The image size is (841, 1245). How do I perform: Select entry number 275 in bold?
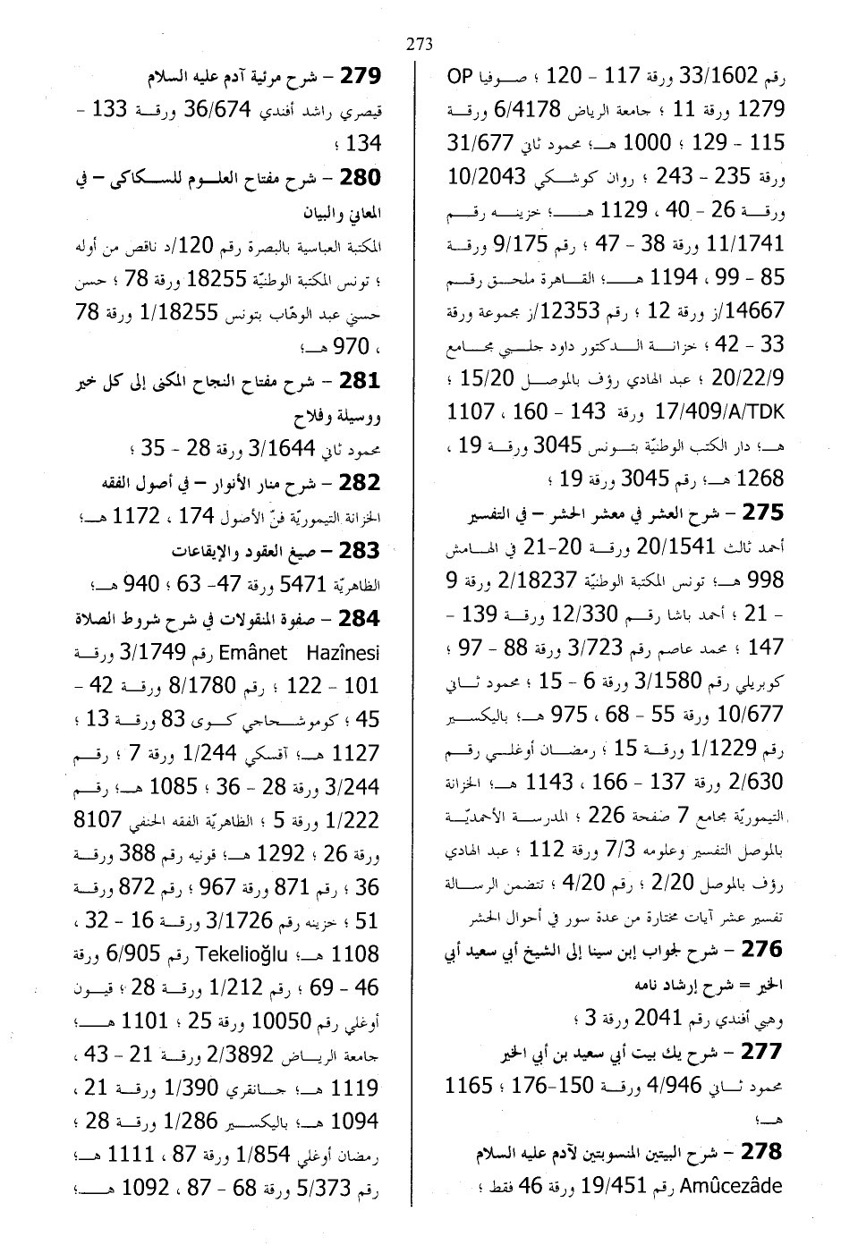click(762, 512)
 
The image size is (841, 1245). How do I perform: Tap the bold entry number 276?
click(762, 948)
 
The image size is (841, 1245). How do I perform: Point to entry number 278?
click(762, 1151)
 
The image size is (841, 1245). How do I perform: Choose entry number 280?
click(361, 177)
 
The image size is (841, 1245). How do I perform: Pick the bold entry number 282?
click(361, 482)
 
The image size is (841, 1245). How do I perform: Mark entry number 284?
click(361, 618)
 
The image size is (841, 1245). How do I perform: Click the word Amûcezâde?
click(732, 1187)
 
